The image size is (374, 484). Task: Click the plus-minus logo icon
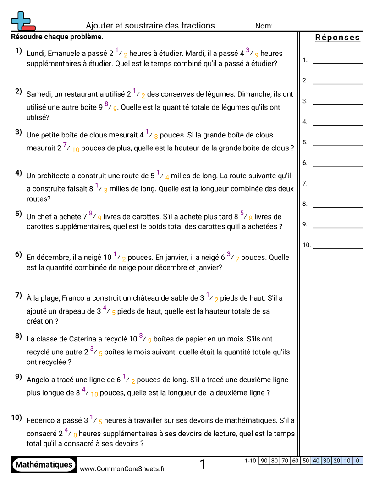coord(22,21)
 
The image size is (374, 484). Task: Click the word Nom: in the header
coord(264,26)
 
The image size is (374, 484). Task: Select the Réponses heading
coord(337,38)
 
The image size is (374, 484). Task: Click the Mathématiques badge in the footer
coord(44,465)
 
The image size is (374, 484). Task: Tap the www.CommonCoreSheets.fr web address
coord(122,468)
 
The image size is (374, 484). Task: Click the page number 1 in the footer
coord(203,465)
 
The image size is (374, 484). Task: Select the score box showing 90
coord(264,461)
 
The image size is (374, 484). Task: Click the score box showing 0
coord(357,461)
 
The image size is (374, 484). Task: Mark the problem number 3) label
coord(18,132)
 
